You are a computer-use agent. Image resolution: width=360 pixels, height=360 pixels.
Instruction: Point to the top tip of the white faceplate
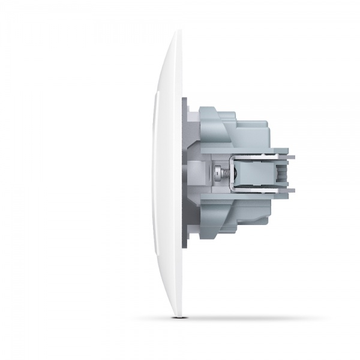click(x=175, y=35)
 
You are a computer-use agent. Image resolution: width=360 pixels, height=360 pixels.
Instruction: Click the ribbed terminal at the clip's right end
click(x=280, y=173)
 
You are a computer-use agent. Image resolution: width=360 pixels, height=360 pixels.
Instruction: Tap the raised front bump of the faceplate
click(x=155, y=174)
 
